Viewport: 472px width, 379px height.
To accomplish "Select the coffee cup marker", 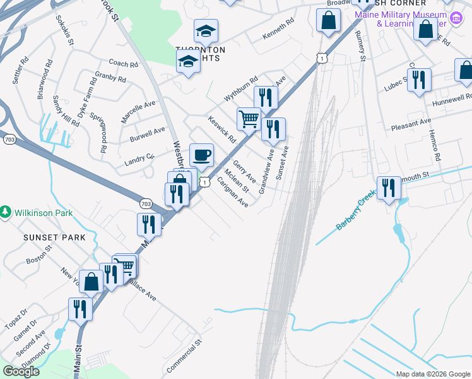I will tap(202, 155).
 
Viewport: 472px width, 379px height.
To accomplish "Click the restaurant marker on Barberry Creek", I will tap(389, 188).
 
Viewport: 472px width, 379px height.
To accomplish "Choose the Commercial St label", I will tap(184, 356).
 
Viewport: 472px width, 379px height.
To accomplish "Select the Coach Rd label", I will tap(123, 64).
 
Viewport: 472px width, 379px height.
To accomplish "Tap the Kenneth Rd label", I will tap(278, 30).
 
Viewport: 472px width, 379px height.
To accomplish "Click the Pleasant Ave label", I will tap(410, 121).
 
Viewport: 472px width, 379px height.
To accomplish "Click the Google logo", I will tap(21, 371).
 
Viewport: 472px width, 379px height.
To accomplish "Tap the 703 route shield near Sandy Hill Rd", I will tap(9, 140).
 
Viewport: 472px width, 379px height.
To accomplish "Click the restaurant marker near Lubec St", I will tap(419, 80).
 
